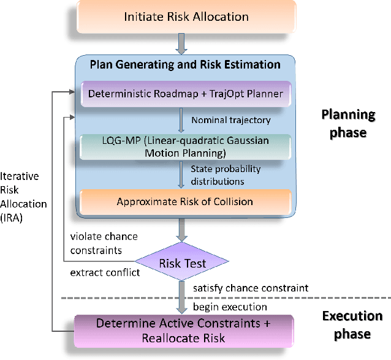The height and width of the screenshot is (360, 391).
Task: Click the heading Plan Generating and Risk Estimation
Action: click(x=185, y=65)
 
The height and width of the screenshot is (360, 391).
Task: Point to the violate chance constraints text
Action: click(x=104, y=244)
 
